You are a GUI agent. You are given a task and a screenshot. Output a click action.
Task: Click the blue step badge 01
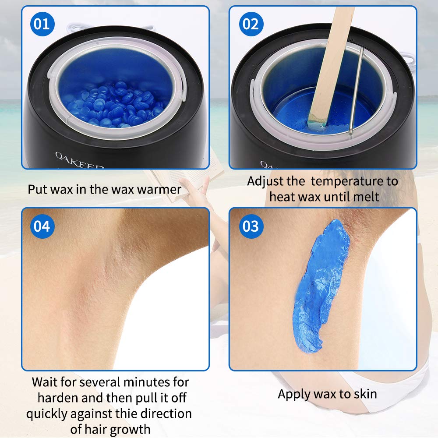tap(42, 24)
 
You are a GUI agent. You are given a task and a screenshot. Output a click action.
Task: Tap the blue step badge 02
tap(251, 24)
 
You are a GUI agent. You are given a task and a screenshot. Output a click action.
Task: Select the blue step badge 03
tap(251, 226)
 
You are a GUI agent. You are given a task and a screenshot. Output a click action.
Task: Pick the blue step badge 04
tap(42, 226)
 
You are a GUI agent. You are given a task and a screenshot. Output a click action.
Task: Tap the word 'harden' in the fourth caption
tap(58, 398)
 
